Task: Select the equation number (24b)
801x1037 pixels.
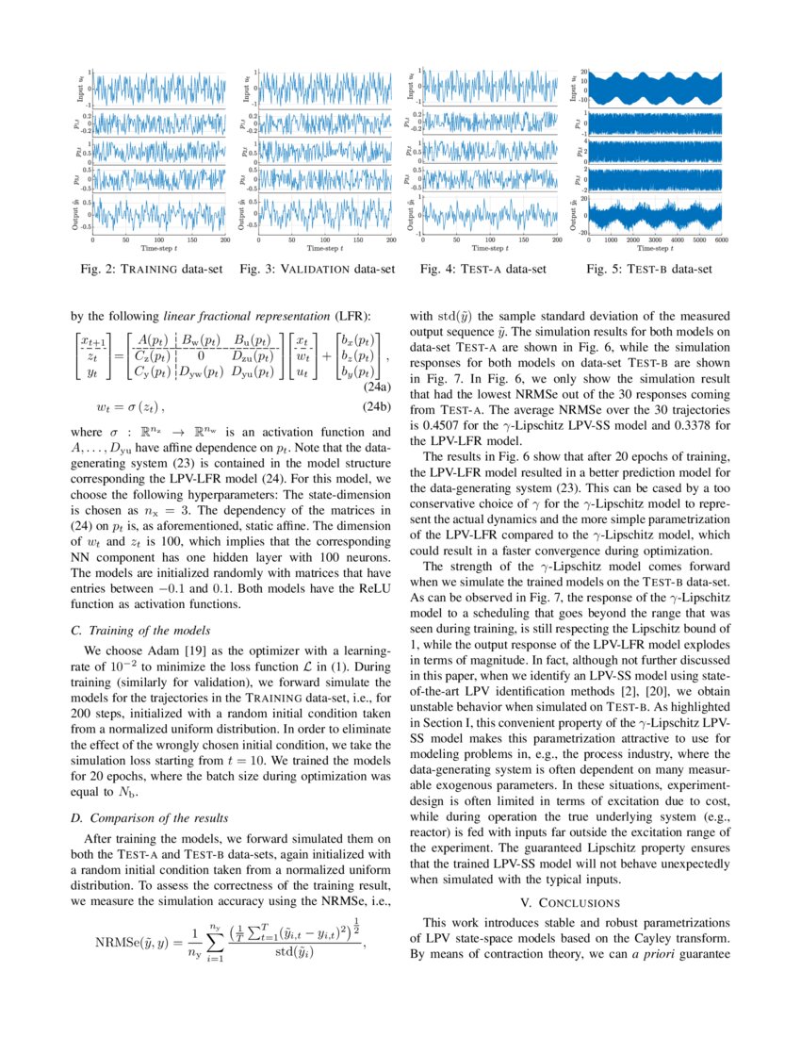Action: pos(377,407)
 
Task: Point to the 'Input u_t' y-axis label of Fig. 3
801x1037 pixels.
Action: pos(246,89)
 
